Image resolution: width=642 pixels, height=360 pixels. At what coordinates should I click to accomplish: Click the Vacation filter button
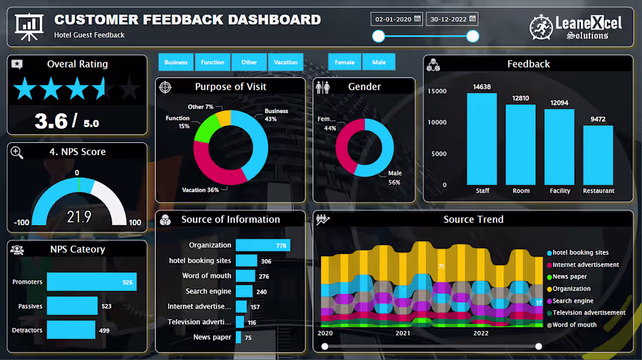tap(286, 62)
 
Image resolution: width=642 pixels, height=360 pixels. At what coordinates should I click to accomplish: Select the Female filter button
tap(344, 62)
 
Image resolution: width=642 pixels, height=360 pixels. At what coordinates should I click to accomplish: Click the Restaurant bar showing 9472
tap(598, 155)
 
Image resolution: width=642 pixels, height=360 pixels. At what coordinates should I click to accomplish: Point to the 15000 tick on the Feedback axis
tap(437, 91)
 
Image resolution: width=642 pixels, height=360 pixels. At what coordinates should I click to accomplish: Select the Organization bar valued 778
tap(263, 246)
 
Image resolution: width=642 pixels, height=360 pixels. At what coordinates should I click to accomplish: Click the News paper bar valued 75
tap(238, 337)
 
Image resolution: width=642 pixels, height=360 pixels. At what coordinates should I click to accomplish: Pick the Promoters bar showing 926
tap(92, 282)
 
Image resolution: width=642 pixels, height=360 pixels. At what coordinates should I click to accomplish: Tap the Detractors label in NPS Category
tap(27, 330)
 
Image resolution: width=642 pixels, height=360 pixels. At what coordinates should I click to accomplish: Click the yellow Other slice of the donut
tap(224, 118)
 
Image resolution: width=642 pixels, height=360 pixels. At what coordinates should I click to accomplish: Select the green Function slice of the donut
tap(202, 132)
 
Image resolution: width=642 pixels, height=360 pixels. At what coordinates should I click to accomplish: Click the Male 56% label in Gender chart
tap(395, 177)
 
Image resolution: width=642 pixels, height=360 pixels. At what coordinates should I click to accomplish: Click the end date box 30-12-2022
tap(452, 19)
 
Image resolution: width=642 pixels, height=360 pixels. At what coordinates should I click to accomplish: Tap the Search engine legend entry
tap(573, 301)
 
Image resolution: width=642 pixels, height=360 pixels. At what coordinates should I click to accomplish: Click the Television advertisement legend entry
tap(588, 313)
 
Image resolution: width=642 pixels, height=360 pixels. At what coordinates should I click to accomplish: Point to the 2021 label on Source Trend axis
tap(403, 333)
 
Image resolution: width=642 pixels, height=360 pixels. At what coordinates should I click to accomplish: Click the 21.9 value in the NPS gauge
tap(79, 217)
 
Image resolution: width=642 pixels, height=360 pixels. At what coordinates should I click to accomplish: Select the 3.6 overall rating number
tap(51, 121)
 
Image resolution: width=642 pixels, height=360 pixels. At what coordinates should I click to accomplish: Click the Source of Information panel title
tap(231, 219)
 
